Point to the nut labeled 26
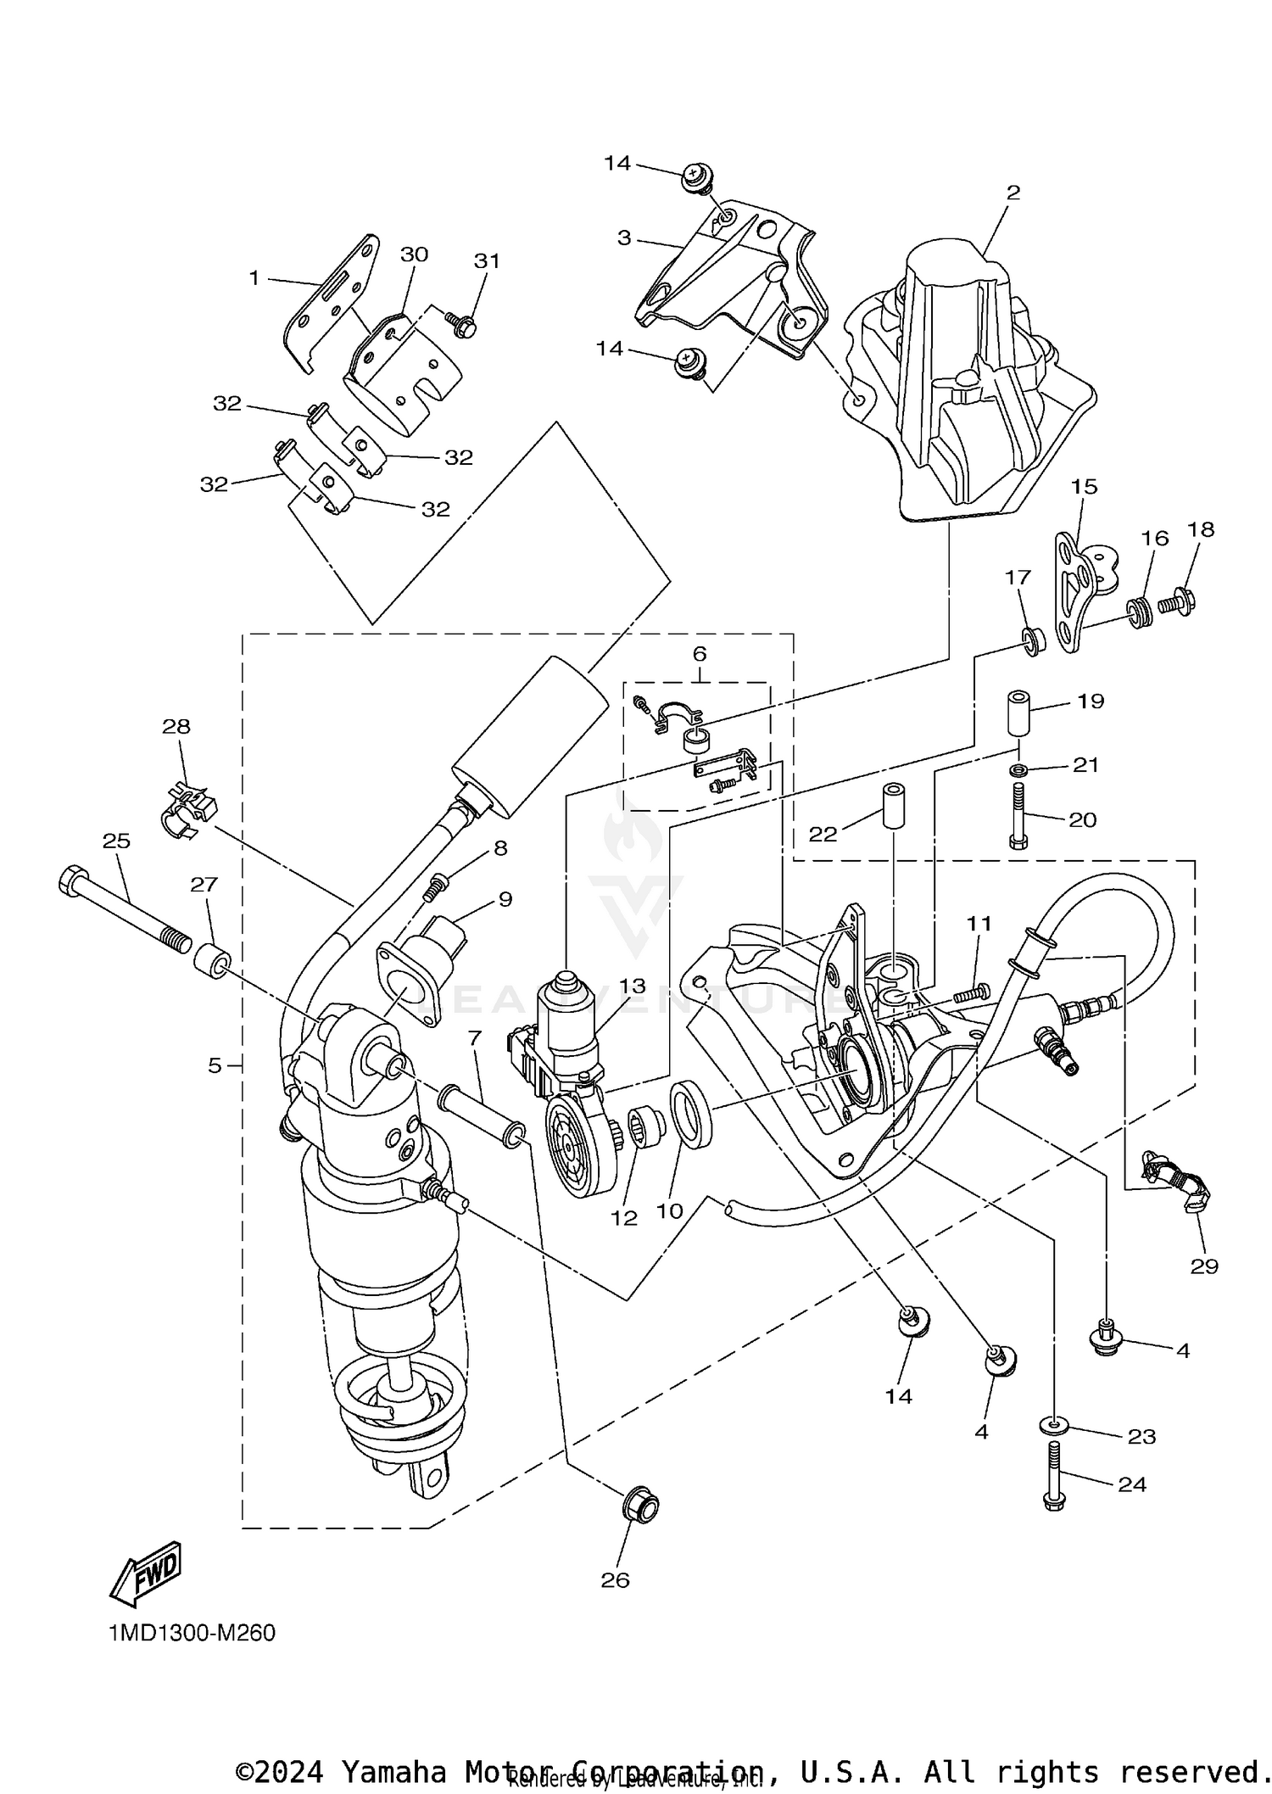pyautogui.click(x=639, y=1505)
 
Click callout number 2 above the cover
pyautogui.click(x=1013, y=193)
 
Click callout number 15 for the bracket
pyautogui.click(x=1084, y=487)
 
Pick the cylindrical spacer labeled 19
pyautogui.click(x=1018, y=712)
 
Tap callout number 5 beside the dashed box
pyautogui.click(x=215, y=1065)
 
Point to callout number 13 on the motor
pyautogui.click(x=632, y=986)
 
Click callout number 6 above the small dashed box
pyautogui.click(x=699, y=654)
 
